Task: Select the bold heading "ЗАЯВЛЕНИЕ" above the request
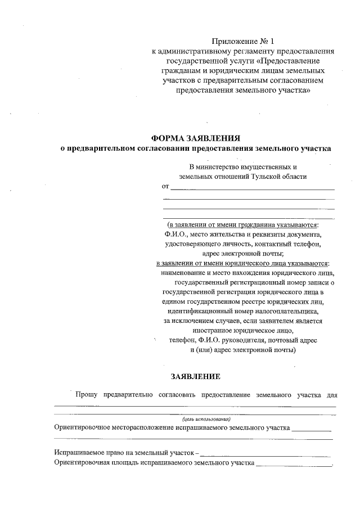196,376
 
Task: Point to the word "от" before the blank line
165,186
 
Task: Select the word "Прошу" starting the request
86,395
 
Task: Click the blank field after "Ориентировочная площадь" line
293,465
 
